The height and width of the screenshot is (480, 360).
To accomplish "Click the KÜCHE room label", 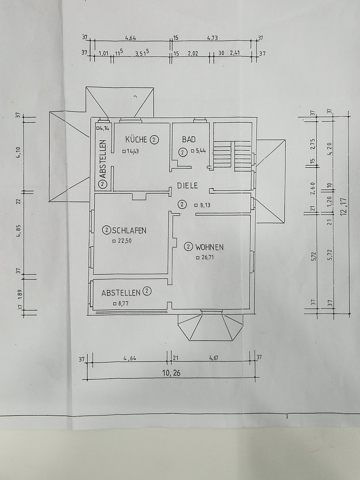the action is (136, 140).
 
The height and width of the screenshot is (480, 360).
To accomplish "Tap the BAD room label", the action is (189, 140).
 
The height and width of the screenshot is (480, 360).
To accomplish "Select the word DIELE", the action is (188, 185).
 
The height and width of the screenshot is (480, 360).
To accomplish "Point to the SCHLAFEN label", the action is (129, 231).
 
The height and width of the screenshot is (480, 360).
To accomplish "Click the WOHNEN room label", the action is (209, 247).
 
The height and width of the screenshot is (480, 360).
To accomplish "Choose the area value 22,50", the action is (124, 241).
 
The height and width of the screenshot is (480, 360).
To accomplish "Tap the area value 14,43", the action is (132, 151).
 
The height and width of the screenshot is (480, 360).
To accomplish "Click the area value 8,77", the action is (123, 304).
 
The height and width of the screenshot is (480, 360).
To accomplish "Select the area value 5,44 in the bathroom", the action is (200, 151).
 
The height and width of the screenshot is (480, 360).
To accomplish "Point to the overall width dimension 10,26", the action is (172, 373).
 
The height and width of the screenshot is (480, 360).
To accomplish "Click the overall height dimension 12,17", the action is (344, 207).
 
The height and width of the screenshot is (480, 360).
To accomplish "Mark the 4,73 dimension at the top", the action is (212, 38).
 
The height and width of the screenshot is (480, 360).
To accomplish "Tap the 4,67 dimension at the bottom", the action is (214, 357).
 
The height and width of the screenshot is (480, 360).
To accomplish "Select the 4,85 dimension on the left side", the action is (19, 231).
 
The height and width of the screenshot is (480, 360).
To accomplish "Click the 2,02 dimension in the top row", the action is (193, 54).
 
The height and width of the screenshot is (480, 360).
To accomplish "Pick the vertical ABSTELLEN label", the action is (103, 159).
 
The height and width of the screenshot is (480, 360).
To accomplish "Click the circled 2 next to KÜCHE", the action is (154, 140).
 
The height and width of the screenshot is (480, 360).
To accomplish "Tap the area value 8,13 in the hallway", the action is (205, 205).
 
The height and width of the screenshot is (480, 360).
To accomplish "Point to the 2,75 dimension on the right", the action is (313, 144).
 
